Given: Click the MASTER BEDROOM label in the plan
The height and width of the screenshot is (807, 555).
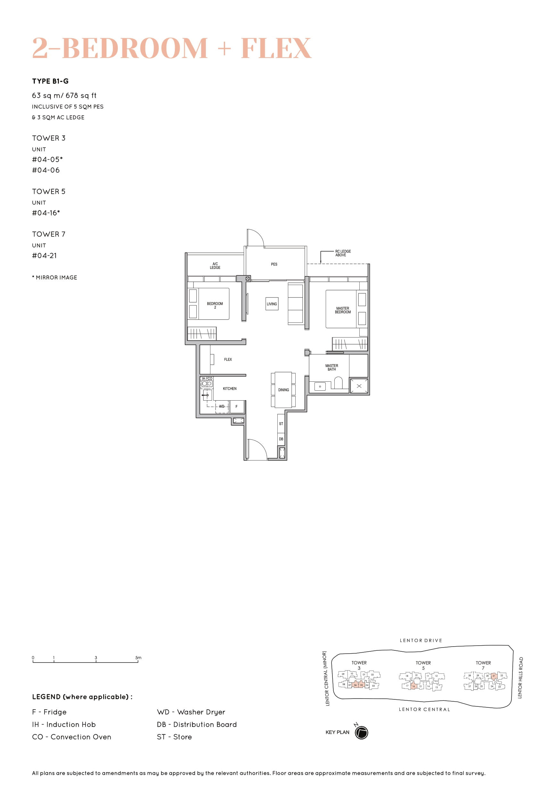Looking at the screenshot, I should [x=343, y=310].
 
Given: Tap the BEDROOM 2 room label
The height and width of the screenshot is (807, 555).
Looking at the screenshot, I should [x=215, y=305].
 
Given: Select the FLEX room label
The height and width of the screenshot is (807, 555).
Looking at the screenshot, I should [x=228, y=360].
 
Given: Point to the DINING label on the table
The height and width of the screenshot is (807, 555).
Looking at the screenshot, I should [x=283, y=390].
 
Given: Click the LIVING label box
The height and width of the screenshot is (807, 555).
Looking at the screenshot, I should [x=272, y=304].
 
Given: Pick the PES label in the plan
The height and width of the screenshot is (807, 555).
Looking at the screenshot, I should [x=274, y=264].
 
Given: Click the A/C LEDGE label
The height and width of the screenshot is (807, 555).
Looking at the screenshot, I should [x=215, y=266].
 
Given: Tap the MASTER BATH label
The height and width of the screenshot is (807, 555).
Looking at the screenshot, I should [x=331, y=368].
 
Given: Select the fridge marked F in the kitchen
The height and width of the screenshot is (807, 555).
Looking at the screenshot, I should [x=236, y=406].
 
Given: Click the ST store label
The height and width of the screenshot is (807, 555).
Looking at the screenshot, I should [x=281, y=423].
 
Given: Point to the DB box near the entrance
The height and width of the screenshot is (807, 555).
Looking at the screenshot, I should [x=281, y=439].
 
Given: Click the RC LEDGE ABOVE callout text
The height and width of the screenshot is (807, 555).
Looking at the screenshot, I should [x=343, y=253].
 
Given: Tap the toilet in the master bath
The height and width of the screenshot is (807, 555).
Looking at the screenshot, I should [x=338, y=383].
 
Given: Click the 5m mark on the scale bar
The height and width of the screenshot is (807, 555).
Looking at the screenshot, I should [x=138, y=658].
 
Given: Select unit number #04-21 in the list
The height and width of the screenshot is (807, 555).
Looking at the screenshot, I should [x=44, y=256].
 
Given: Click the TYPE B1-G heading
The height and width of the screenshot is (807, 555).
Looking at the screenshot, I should [x=50, y=81].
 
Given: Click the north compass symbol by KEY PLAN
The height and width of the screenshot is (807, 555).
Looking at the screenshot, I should [x=361, y=733].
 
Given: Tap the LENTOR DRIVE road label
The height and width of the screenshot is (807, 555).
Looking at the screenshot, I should [x=421, y=640].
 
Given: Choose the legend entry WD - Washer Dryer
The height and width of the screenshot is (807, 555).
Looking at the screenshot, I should [x=191, y=712].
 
